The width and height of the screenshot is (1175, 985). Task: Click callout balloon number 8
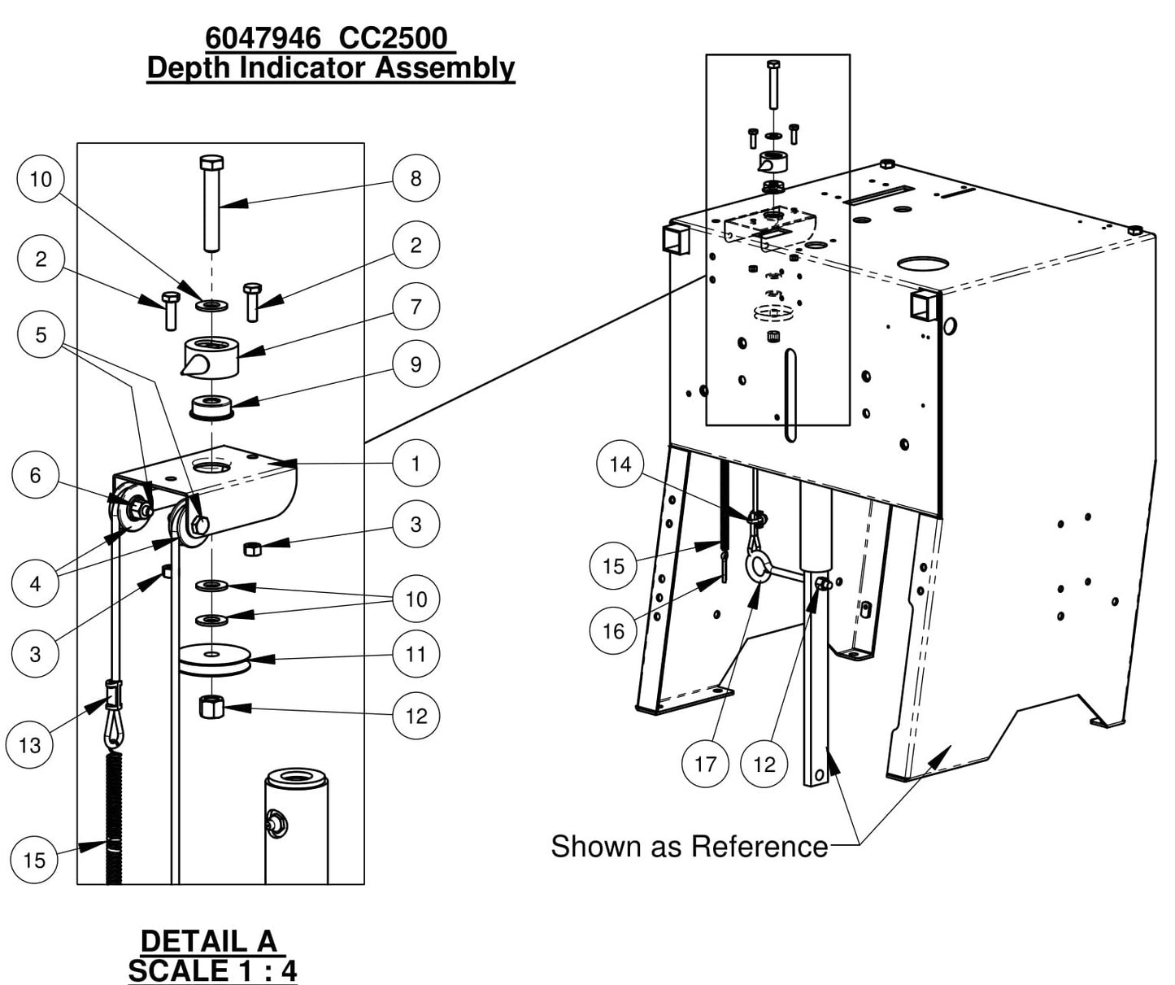(x=416, y=178)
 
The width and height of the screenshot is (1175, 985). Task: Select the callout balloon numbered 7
(x=416, y=307)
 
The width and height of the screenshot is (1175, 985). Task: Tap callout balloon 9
(x=416, y=364)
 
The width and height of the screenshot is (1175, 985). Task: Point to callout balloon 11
(x=416, y=654)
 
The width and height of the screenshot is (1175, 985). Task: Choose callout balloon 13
(x=29, y=745)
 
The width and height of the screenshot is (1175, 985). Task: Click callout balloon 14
(x=620, y=464)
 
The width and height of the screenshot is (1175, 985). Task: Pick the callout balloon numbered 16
(x=614, y=631)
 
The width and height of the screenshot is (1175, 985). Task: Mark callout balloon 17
(x=705, y=765)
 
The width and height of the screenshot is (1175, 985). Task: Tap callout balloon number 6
(x=35, y=475)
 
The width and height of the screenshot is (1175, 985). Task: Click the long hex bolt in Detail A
(x=211, y=203)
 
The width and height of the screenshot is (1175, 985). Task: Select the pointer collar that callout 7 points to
(x=211, y=357)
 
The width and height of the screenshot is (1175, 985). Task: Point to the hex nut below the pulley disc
(x=211, y=705)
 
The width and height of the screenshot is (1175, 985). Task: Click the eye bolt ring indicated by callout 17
(x=759, y=567)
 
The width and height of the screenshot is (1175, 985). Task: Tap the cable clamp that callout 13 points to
(x=113, y=695)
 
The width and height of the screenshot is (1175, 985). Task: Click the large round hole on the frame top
(x=923, y=264)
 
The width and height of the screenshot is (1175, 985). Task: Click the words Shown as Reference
(x=689, y=847)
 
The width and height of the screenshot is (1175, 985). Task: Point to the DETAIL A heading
(x=209, y=941)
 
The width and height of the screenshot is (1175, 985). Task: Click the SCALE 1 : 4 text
(x=212, y=970)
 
